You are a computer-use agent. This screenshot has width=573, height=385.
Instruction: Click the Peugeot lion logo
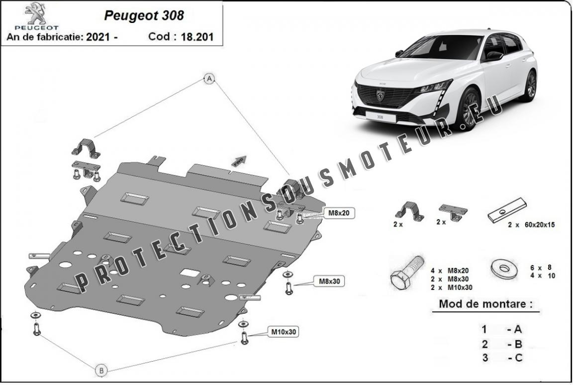coord(35,13)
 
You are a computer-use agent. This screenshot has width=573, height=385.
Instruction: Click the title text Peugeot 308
coord(144,15)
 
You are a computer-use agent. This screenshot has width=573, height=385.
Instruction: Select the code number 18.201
coord(197,36)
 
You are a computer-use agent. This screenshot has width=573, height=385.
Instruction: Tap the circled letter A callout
coord(209,78)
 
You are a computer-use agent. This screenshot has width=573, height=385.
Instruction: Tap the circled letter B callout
coord(101,371)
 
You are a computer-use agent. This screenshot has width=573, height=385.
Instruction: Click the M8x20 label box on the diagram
coord(339,213)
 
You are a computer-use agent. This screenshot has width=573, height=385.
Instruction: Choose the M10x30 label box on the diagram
coord(284,332)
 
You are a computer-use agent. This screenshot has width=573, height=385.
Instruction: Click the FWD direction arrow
coord(239,161)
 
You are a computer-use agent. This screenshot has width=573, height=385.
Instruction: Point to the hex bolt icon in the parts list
coord(407,273)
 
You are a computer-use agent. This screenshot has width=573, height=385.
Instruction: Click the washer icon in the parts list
coord(504,268)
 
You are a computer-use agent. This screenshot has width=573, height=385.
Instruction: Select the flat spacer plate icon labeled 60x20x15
coord(507,211)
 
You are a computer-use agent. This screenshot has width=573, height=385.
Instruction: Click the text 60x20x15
coord(539,224)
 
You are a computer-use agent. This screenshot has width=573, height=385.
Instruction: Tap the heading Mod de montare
coord(485,304)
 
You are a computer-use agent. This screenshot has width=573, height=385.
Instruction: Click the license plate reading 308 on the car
coord(380,117)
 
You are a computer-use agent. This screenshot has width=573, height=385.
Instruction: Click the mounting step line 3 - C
coord(502,358)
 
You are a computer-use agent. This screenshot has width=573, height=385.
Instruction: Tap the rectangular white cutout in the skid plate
coord(190,272)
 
